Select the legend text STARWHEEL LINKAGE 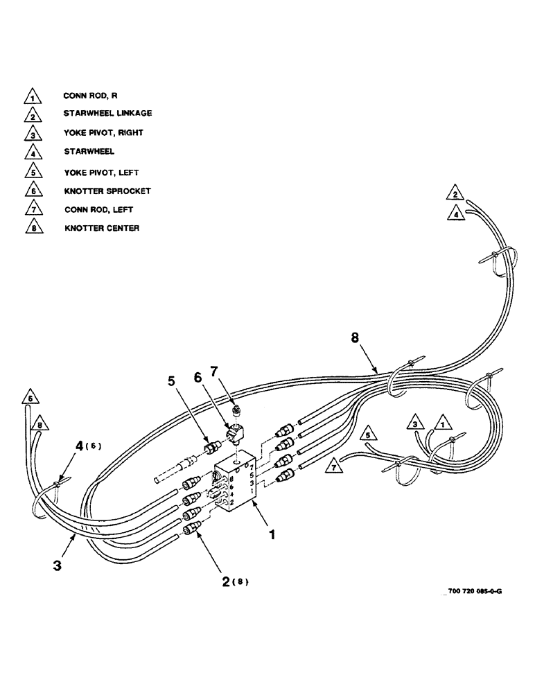(x=107, y=113)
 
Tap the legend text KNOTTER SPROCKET (x=107, y=190)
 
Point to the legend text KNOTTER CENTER (x=102, y=228)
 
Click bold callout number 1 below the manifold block (x=272, y=536)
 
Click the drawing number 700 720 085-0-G (x=475, y=590)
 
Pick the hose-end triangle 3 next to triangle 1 (x=414, y=423)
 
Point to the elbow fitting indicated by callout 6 (x=233, y=436)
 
